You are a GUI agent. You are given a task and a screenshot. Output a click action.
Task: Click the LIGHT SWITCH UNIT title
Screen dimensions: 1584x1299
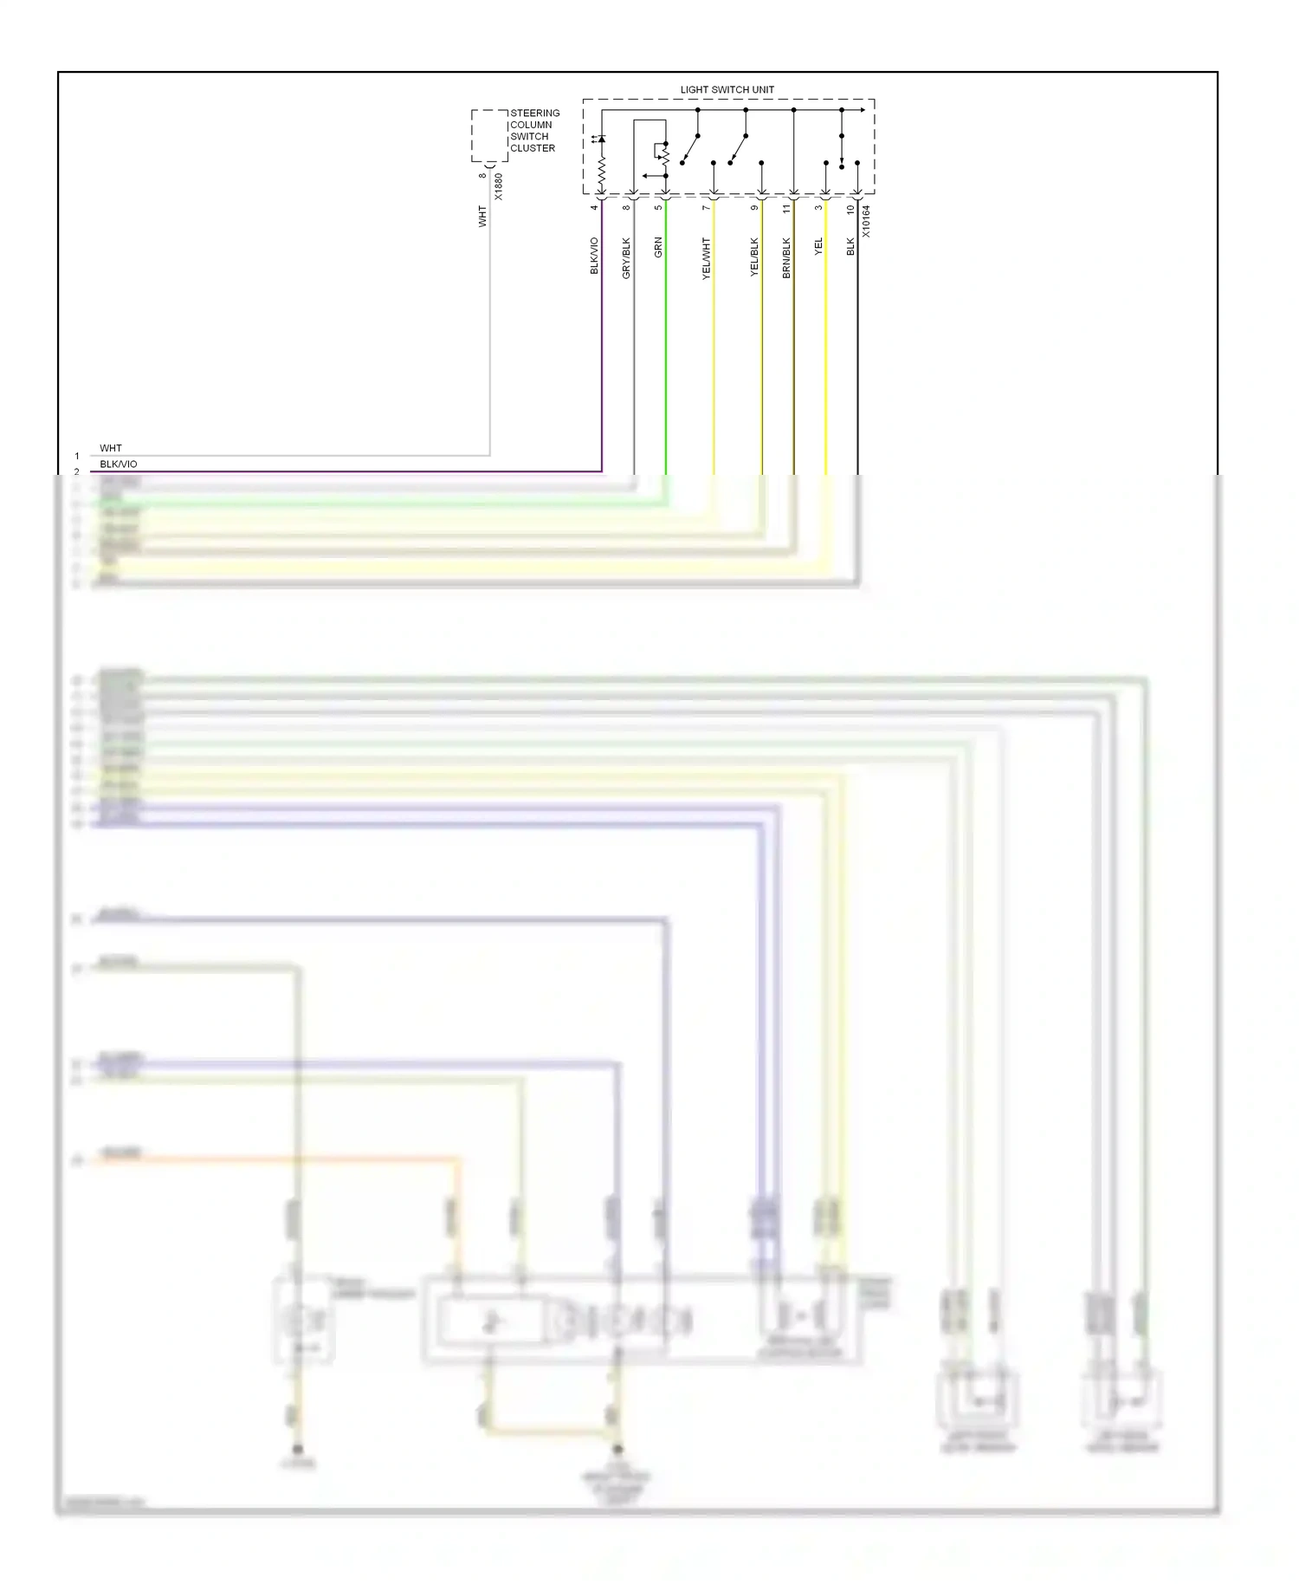click(x=727, y=89)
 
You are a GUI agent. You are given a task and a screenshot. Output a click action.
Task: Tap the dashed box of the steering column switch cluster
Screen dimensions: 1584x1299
click(x=489, y=135)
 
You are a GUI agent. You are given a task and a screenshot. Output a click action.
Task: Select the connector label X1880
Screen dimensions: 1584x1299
click(x=498, y=187)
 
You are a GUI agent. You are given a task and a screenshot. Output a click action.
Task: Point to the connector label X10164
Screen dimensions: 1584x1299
click(x=866, y=222)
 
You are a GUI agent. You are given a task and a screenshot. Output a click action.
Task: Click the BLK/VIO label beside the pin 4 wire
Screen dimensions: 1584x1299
click(x=594, y=256)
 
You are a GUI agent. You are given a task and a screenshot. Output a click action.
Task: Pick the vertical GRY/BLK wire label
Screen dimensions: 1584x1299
click(x=626, y=257)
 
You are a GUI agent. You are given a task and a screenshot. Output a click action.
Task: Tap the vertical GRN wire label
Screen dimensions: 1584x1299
click(x=658, y=247)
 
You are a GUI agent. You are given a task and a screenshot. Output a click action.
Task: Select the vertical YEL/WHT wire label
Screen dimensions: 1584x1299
click(x=706, y=257)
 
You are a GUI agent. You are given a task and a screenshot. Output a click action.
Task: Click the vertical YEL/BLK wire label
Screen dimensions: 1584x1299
click(x=754, y=257)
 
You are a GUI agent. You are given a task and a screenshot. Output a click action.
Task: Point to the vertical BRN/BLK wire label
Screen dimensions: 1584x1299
click(x=786, y=257)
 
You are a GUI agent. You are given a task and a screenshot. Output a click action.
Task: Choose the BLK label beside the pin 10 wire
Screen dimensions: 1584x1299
click(x=850, y=247)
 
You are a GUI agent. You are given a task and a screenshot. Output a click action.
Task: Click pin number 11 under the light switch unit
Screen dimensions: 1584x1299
click(x=786, y=209)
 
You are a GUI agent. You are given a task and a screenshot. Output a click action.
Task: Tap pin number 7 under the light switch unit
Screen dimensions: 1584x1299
click(x=706, y=208)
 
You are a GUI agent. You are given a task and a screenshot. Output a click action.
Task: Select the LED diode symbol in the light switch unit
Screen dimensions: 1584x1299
click(x=601, y=139)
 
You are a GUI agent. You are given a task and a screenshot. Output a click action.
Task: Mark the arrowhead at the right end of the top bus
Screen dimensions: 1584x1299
click(x=862, y=110)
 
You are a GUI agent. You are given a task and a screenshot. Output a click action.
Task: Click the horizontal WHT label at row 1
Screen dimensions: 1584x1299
click(x=111, y=448)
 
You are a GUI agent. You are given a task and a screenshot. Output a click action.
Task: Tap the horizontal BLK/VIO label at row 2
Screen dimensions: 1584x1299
click(x=119, y=464)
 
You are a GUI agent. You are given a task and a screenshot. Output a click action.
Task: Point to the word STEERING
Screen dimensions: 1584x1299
click(x=534, y=113)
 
